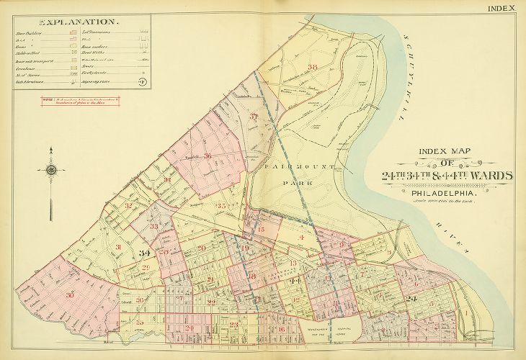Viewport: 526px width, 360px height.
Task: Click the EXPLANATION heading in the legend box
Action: (x=79, y=22)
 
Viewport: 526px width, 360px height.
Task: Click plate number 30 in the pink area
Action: (x=70, y=295)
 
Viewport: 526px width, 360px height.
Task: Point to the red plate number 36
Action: (x=208, y=156)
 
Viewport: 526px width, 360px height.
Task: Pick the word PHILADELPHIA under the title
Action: (x=447, y=193)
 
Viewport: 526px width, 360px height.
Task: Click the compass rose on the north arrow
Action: (x=51, y=170)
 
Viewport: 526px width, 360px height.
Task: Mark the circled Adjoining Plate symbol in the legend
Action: (x=142, y=81)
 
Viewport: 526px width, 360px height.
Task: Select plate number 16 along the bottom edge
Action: (x=281, y=329)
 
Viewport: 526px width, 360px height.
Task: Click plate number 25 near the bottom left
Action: (x=140, y=322)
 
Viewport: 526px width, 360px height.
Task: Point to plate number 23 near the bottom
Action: (x=233, y=325)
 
